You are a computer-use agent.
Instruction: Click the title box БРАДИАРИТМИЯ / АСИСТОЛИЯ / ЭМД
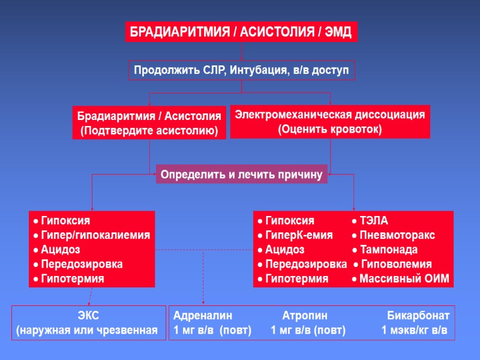[241, 31]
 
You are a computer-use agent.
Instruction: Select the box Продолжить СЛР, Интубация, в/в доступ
[241, 70]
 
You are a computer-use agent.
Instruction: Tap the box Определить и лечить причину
[241, 175]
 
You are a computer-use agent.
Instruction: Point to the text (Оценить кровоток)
[330, 129]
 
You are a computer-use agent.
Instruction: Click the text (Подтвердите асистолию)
[149, 130]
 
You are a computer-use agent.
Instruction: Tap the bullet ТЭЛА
[373, 221]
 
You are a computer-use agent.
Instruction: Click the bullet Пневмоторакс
[397, 235]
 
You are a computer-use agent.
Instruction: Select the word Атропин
[305, 316]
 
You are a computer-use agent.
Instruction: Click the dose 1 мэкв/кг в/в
[415, 330]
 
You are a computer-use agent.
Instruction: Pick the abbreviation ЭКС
[89, 316]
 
